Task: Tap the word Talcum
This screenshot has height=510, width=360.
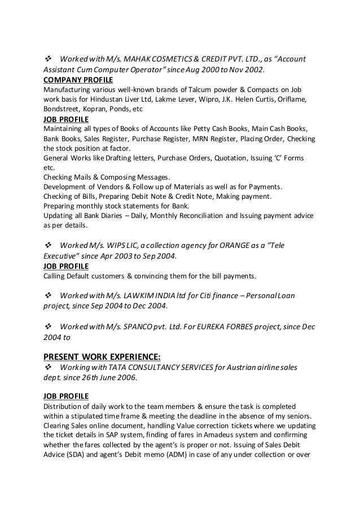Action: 187,90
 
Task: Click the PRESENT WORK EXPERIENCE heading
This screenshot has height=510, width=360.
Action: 102,356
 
